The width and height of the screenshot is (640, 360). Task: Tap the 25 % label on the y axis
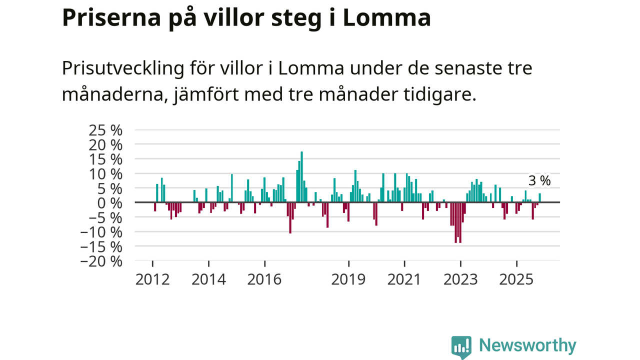105,130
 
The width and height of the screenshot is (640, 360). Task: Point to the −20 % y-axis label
102,261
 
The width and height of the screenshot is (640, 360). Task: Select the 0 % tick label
109,203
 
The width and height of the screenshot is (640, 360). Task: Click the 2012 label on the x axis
152,278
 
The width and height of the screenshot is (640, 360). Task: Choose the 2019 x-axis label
349,278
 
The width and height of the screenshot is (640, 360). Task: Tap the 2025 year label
516,278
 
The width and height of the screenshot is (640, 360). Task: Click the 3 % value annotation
539,180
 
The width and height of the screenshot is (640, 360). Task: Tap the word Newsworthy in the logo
527,345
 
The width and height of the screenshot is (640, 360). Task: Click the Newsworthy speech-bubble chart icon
461,346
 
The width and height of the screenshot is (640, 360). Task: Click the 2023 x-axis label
460,278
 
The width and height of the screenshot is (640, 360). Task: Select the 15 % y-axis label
105,159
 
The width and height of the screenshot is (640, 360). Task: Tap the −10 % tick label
102,232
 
